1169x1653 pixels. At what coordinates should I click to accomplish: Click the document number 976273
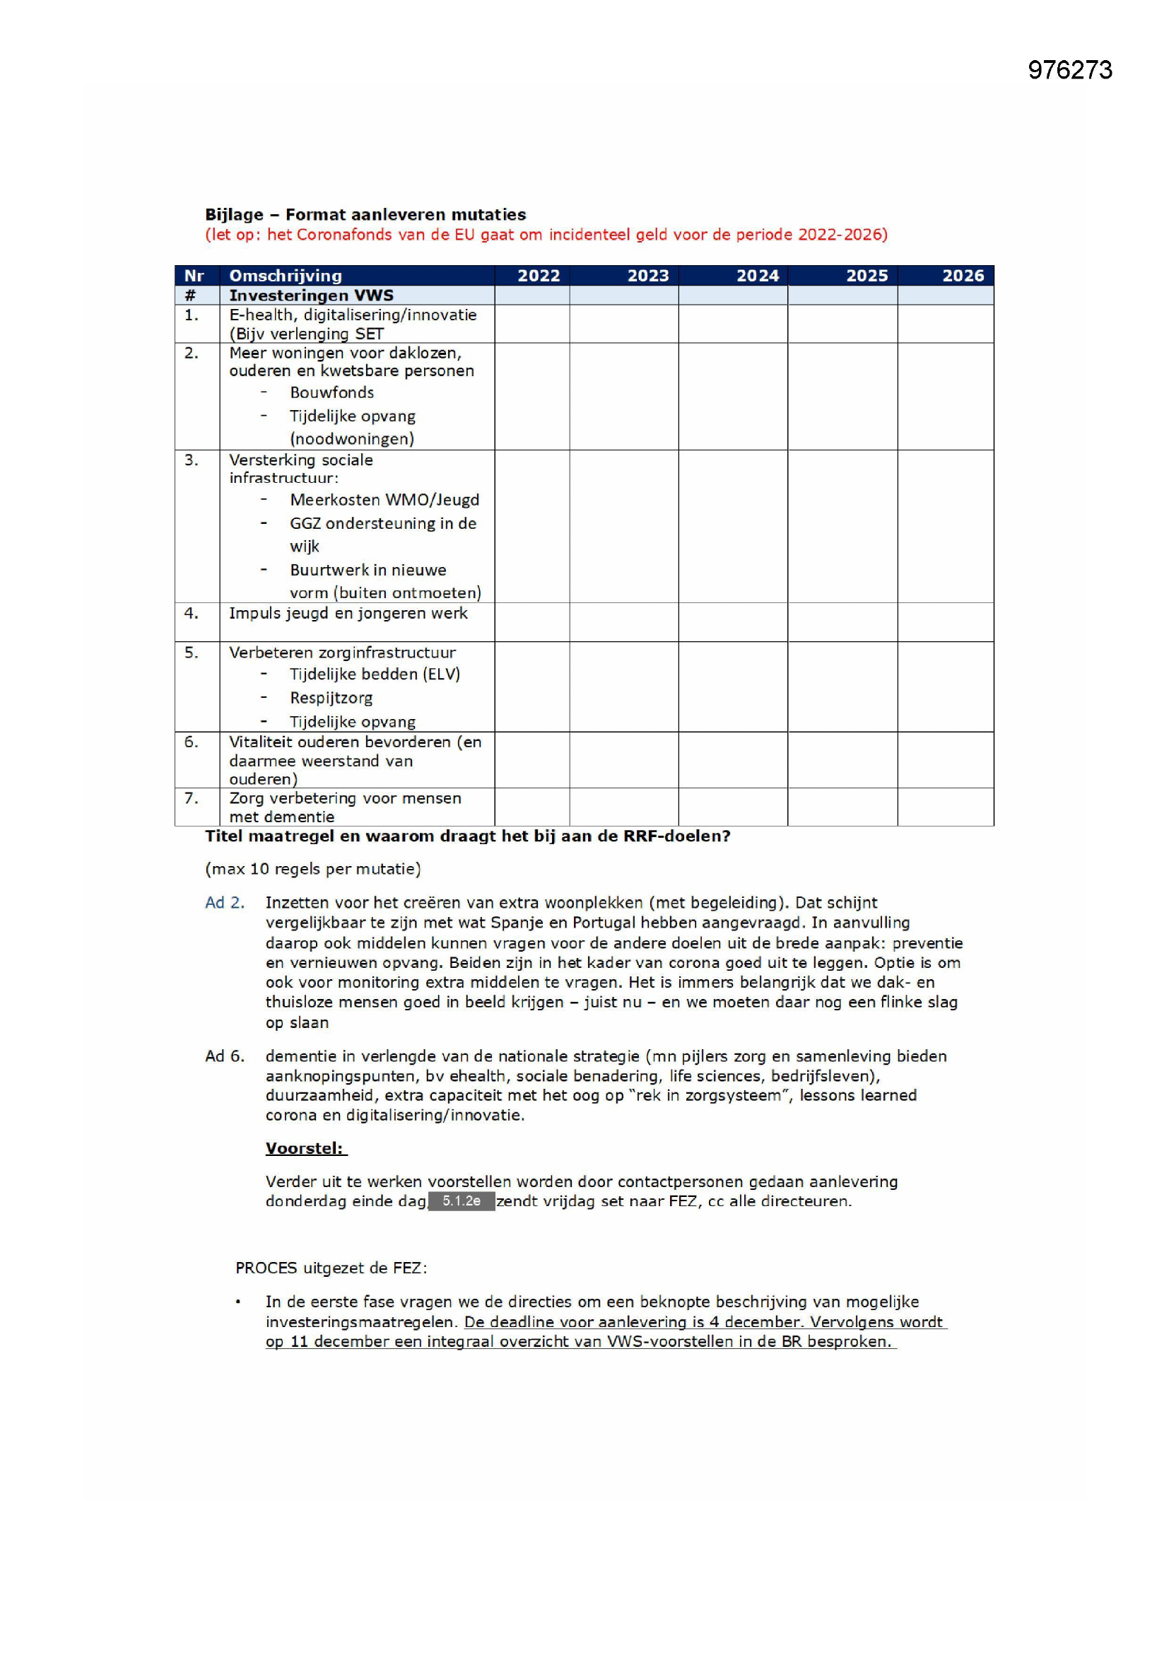point(1069,70)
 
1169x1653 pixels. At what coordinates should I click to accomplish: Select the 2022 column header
point(539,276)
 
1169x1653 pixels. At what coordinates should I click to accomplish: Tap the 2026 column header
point(963,276)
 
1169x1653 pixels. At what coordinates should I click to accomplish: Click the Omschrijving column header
point(285,276)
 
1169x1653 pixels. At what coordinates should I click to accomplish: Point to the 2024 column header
point(757,276)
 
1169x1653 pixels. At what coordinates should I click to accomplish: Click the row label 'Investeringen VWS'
point(311,296)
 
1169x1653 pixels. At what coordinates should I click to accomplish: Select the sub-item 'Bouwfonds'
point(332,392)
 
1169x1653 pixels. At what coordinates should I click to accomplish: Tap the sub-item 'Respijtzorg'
point(331,698)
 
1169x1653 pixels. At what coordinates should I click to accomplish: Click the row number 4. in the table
point(191,614)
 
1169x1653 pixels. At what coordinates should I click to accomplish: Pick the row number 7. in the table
point(191,798)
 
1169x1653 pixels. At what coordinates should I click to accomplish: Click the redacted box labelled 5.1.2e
point(462,1201)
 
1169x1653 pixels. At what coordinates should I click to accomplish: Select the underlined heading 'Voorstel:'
point(305,1148)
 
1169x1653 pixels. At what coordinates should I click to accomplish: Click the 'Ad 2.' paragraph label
point(225,903)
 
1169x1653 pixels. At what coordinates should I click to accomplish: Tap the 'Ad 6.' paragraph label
point(225,1056)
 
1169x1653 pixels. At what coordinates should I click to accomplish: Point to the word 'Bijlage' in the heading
point(234,214)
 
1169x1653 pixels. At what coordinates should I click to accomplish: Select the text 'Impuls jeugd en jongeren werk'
point(348,614)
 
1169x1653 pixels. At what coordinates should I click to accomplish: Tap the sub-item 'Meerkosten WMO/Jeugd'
point(384,500)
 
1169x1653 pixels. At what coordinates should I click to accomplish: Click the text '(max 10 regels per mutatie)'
point(313,869)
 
